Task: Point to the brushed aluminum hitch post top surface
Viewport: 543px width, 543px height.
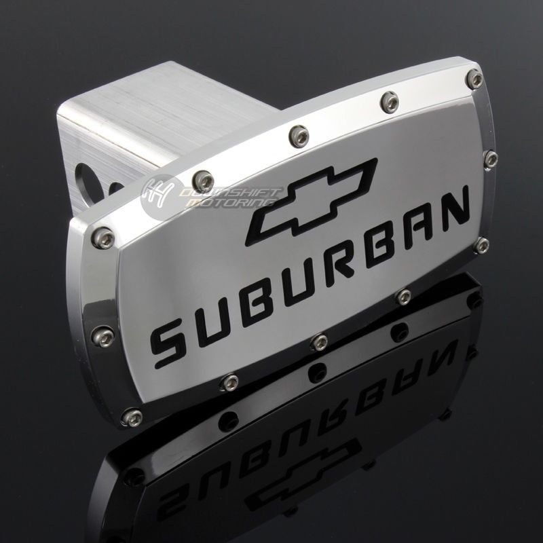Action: coord(170,109)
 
